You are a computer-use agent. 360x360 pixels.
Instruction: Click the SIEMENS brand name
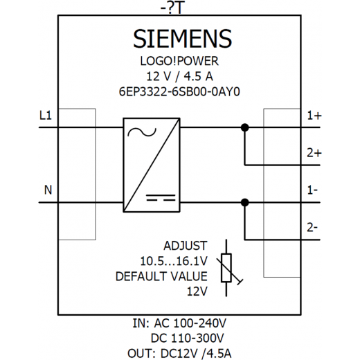click(182, 39)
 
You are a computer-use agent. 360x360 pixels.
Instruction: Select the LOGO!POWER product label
click(179, 61)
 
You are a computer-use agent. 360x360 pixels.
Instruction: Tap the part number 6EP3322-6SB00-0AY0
click(179, 91)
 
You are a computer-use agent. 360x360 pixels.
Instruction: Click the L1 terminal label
click(46, 116)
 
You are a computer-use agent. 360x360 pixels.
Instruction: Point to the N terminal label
click(48, 190)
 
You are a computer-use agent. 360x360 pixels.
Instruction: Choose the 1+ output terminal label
click(314, 116)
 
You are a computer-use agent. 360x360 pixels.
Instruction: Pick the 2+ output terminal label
click(314, 153)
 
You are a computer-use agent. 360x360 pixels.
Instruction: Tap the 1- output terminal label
click(312, 190)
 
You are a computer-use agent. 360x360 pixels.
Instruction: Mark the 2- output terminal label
click(312, 228)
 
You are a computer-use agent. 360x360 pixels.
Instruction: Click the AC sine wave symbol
click(142, 132)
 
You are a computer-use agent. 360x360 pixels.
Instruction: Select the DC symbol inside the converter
click(161, 198)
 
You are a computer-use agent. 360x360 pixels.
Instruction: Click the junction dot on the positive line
click(245, 127)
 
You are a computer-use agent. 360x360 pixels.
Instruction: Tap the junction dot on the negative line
click(245, 203)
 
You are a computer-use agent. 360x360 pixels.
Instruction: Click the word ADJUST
click(186, 246)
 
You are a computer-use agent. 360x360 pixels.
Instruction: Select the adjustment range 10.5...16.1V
click(174, 261)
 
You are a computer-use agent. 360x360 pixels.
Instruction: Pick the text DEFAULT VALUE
click(161, 276)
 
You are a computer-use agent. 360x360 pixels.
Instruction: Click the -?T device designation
click(172, 9)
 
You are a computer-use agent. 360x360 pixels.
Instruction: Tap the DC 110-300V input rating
click(187, 339)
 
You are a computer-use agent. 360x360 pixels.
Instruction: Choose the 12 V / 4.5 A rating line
click(179, 76)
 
